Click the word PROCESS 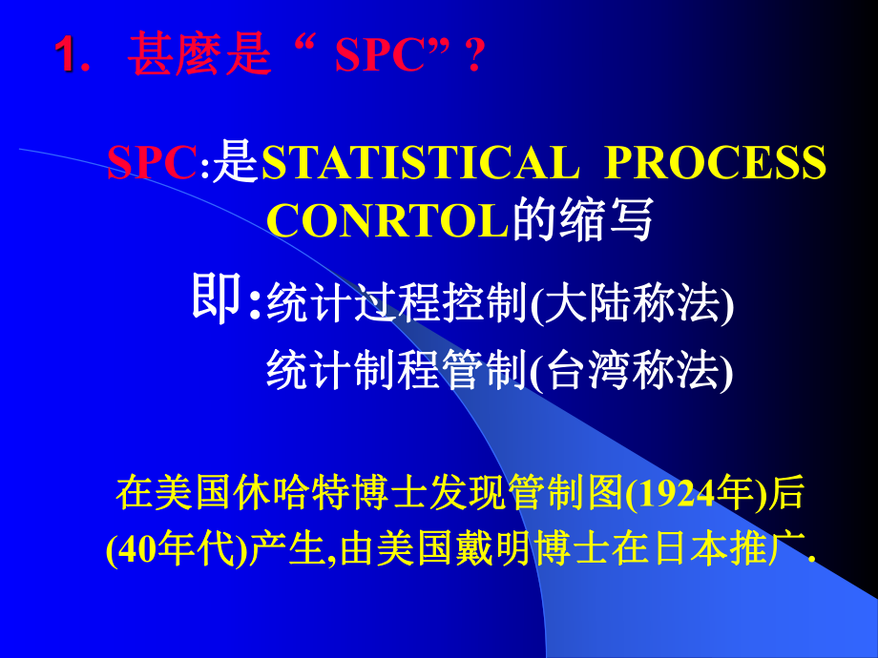(x=716, y=164)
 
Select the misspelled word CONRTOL (x=388, y=221)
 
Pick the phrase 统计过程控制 (x=395, y=304)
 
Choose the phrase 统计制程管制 (x=395, y=371)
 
